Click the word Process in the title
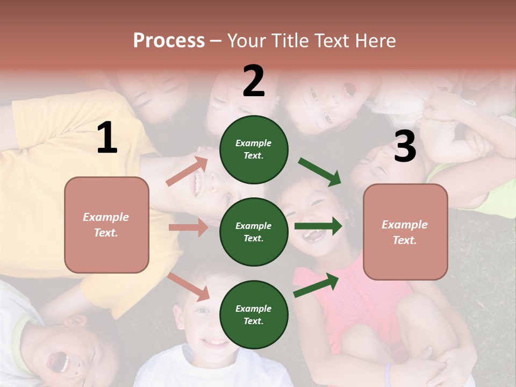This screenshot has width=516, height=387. click(x=169, y=41)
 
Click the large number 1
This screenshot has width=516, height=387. click(x=106, y=138)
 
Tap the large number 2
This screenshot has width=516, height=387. click(x=254, y=81)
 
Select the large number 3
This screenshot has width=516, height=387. click(x=405, y=146)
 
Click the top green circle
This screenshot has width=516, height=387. click(x=254, y=149)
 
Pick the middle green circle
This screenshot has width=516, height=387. click(x=254, y=232)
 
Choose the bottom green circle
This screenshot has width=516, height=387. click(x=254, y=314)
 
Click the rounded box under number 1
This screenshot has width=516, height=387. click(x=106, y=225)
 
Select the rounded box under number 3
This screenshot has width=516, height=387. click(x=405, y=232)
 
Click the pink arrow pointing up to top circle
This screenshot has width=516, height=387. click(x=187, y=171)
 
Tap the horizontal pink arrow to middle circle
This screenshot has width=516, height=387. click(x=188, y=227)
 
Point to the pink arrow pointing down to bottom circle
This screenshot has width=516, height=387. click(x=188, y=286)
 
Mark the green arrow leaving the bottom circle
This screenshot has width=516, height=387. click(x=316, y=285)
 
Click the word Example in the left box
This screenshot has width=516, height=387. click(x=106, y=217)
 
